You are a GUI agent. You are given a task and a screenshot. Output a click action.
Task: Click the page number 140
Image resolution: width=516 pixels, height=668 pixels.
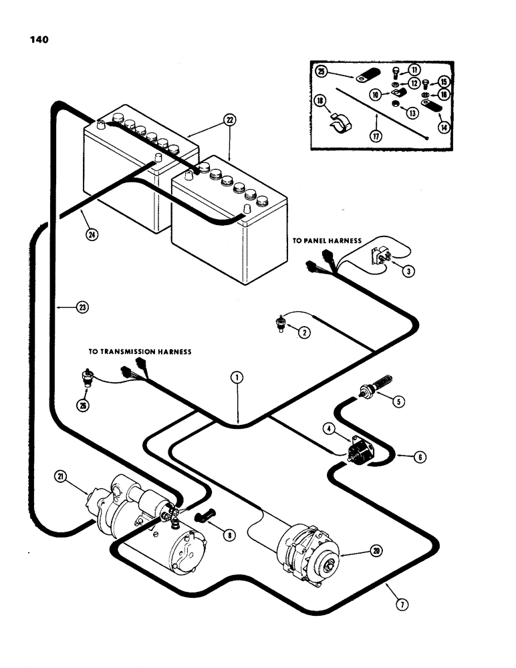pos(38,39)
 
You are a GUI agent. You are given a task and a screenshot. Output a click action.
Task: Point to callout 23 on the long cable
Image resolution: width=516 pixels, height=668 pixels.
pos(82,307)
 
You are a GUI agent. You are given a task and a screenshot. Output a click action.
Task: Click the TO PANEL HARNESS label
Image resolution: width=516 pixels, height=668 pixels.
pos(326,240)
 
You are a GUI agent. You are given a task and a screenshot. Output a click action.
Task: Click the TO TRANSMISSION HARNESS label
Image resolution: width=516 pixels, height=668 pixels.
pos(140,351)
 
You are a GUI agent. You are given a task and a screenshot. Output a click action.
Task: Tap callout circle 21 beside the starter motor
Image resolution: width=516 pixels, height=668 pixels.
pos(61,476)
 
